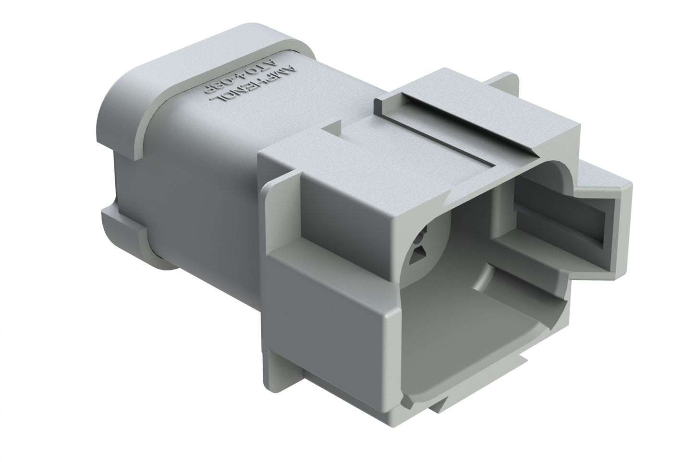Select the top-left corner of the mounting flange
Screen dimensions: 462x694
(262, 154)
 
